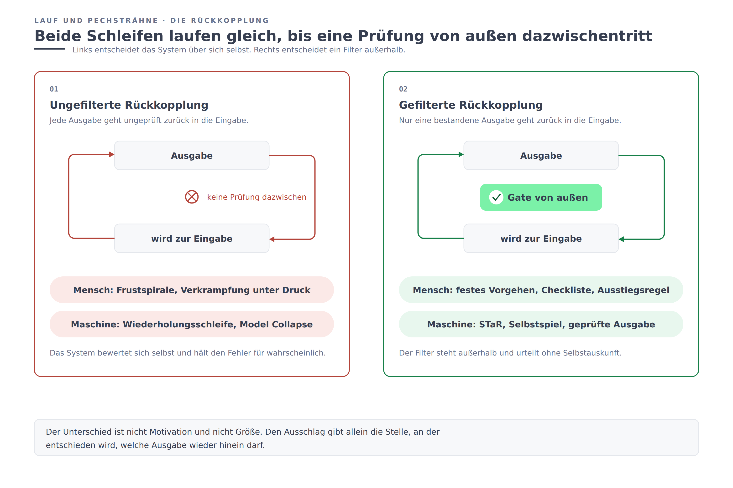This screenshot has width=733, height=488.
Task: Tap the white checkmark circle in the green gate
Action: (496, 197)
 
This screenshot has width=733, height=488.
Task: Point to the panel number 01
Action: (54, 89)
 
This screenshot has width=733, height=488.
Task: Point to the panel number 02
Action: (403, 89)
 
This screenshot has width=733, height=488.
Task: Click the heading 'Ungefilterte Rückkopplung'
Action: (129, 105)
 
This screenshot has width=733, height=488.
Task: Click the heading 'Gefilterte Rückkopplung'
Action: (471, 105)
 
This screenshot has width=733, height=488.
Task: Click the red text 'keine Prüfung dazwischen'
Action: (257, 197)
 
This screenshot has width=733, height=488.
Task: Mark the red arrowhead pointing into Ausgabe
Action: (112, 154)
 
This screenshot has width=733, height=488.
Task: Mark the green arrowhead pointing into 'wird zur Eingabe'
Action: (621, 239)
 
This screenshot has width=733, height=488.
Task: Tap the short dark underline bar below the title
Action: (50, 49)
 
